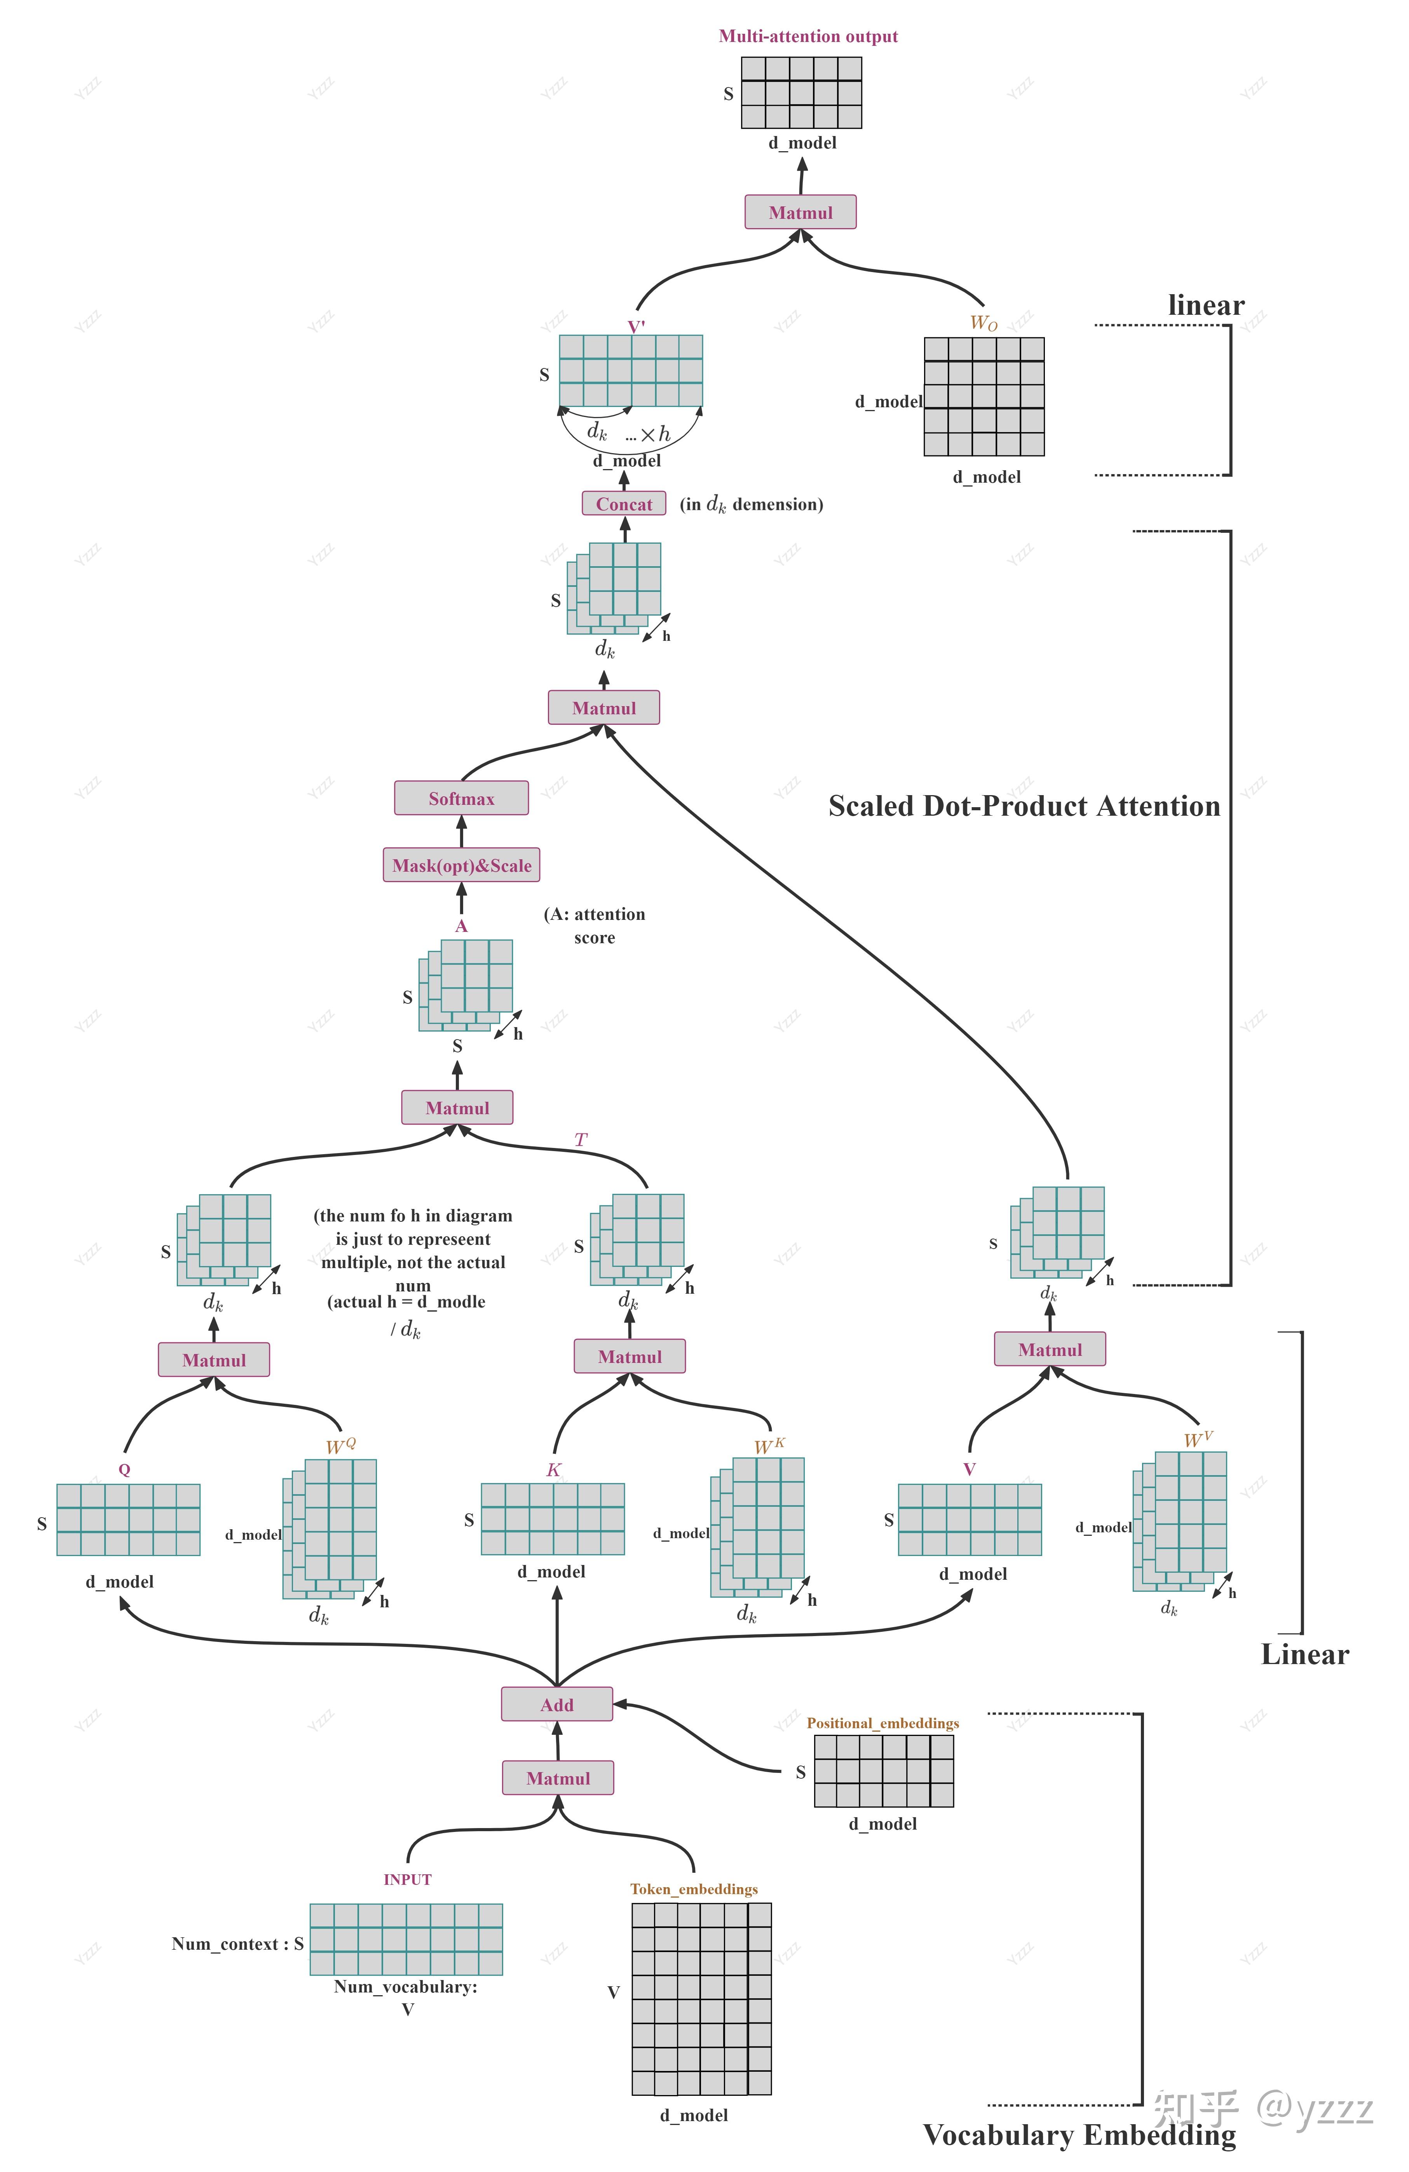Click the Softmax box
(461, 797)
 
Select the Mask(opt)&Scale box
(461, 865)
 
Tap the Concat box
(624, 504)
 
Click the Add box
(557, 1704)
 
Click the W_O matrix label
(984, 322)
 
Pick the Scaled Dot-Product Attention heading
(1024, 806)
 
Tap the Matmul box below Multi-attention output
(800, 212)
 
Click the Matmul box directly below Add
(558, 1778)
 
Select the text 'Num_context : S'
(237, 1944)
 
